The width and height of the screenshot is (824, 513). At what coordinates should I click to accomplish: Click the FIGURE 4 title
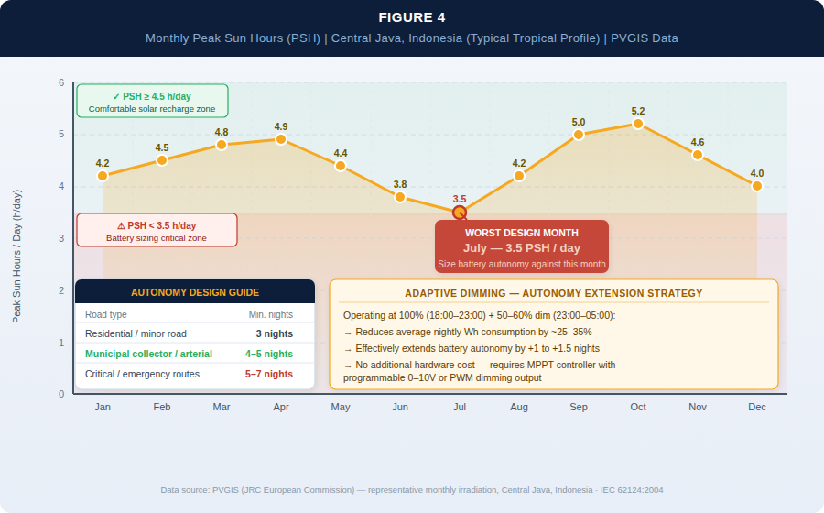(x=411, y=17)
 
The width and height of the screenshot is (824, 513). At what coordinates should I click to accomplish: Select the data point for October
(x=638, y=124)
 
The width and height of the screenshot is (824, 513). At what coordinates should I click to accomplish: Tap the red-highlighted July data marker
(x=460, y=213)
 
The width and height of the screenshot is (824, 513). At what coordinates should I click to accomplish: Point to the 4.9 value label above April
(x=281, y=126)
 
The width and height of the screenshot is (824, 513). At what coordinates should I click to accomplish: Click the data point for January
(x=103, y=176)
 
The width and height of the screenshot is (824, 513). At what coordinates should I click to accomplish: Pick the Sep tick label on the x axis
(x=579, y=407)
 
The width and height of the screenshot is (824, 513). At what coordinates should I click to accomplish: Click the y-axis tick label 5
(x=61, y=135)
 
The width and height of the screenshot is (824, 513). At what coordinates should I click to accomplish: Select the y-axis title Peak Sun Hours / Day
(x=16, y=256)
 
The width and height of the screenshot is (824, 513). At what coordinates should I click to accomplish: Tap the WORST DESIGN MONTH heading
(x=521, y=233)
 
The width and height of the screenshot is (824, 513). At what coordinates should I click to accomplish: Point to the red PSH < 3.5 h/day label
(x=157, y=225)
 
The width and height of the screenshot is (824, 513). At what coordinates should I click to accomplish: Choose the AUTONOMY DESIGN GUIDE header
(x=195, y=292)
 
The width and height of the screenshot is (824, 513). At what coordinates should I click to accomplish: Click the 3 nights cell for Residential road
(x=275, y=333)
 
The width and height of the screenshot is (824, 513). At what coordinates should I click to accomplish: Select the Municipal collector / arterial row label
(x=148, y=354)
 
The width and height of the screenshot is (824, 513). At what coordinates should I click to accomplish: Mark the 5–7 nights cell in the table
(x=269, y=374)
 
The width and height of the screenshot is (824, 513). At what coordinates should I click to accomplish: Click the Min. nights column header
(x=271, y=314)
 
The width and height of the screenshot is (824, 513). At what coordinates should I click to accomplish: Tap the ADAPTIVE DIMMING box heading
(x=554, y=293)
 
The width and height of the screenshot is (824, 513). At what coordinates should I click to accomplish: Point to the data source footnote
(x=411, y=490)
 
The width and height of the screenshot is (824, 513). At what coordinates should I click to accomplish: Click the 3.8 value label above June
(x=400, y=184)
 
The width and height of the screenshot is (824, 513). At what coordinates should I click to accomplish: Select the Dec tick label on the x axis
(x=757, y=407)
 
